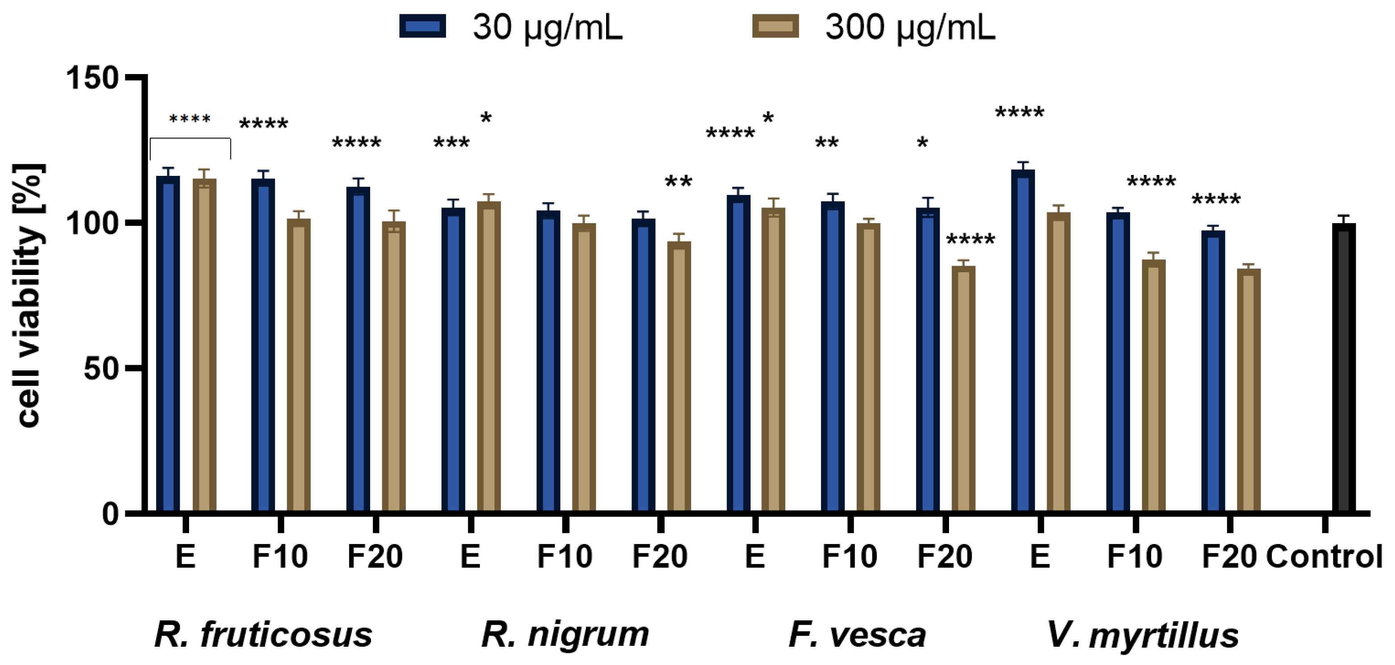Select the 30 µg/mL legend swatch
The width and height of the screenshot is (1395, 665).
point(422,26)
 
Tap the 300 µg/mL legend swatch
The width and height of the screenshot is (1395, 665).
point(775,26)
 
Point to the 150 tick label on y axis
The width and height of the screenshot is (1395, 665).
point(92,78)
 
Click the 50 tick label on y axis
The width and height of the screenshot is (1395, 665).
point(101,369)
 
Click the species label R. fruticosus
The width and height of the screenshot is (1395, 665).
point(264,635)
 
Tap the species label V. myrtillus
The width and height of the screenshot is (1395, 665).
point(1143,635)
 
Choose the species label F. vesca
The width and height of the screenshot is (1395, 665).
point(857,635)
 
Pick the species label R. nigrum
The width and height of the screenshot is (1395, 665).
point(565,635)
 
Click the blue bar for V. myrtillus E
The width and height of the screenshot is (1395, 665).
point(1023,341)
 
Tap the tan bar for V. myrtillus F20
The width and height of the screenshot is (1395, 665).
point(1248,390)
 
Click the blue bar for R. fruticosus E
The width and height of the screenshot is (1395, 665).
point(168,344)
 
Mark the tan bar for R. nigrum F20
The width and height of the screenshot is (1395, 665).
point(679,377)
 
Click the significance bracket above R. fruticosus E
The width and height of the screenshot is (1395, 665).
point(190,139)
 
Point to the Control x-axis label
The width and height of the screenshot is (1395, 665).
point(1324,557)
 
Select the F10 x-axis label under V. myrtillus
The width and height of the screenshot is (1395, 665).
point(1135,557)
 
